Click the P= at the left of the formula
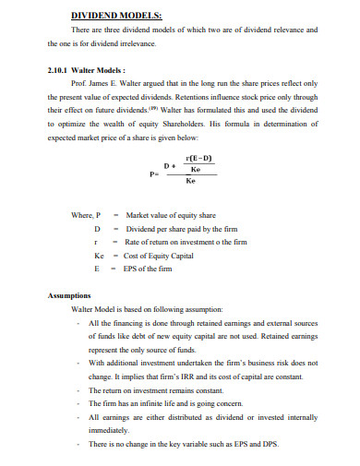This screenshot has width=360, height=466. click(153, 173)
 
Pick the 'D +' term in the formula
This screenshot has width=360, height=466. click(169, 166)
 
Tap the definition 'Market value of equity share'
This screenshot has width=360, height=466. click(170, 215)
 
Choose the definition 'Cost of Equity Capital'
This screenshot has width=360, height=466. click(160, 255)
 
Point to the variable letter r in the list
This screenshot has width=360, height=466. click(97, 241)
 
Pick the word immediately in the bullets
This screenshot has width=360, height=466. click(109, 431)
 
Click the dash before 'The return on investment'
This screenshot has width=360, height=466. click(79, 391)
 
